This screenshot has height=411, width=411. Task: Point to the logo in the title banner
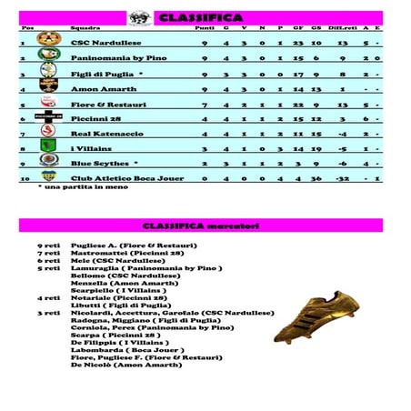pyautogui.click(x=141, y=17)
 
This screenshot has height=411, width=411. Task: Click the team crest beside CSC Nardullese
pyautogui.click(x=47, y=40)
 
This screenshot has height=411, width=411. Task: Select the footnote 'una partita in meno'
pyautogui.click(x=75, y=186)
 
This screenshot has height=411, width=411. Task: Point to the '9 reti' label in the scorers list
pyautogui.click(x=48, y=246)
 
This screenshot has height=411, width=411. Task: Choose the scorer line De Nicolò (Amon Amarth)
pyautogui.click(x=125, y=365)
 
